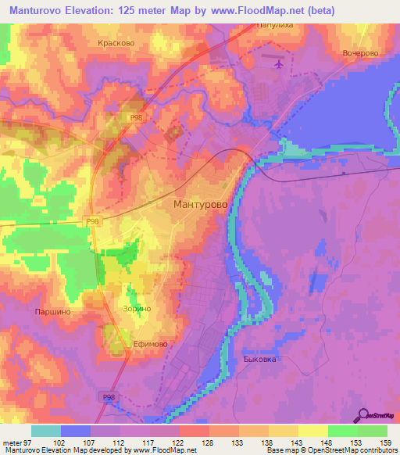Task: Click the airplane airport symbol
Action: [x=278, y=62]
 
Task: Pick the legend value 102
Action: [x=61, y=442]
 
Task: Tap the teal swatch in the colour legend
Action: [x=46, y=430]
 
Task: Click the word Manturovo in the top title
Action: [x=37, y=11]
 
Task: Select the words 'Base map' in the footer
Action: [x=280, y=451]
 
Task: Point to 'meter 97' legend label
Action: [x=17, y=442]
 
